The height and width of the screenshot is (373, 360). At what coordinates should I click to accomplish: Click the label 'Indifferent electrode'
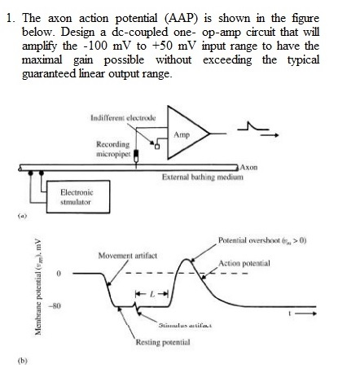(122, 107)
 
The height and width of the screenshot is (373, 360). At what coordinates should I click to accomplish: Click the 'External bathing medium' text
(199, 177)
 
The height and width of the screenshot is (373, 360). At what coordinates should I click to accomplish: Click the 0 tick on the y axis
(58, 274)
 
